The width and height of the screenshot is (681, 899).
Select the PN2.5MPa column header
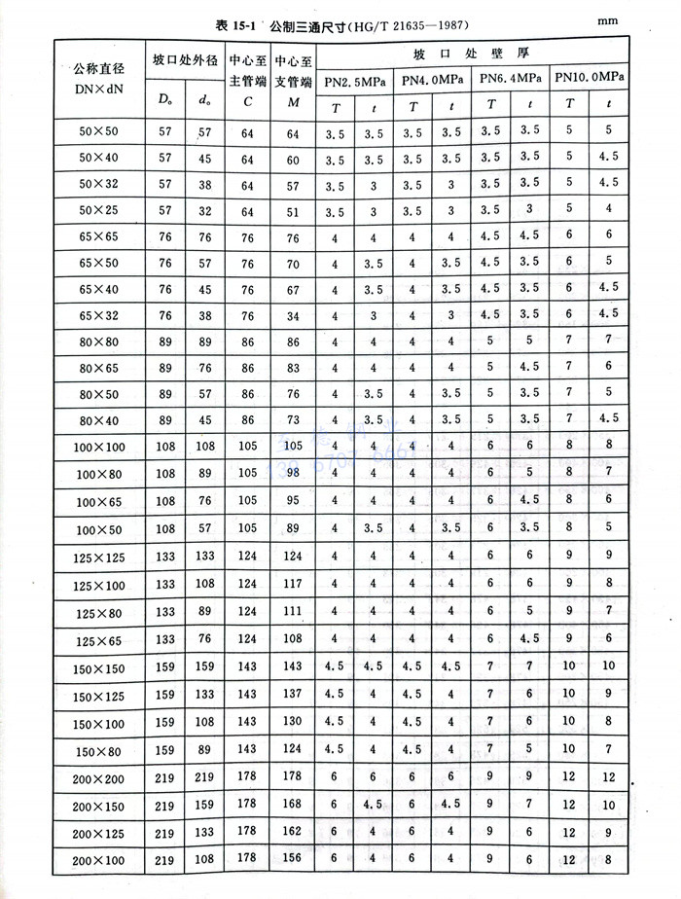(x=356, y=78)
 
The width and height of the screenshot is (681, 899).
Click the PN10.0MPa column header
(x=590, y=77)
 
